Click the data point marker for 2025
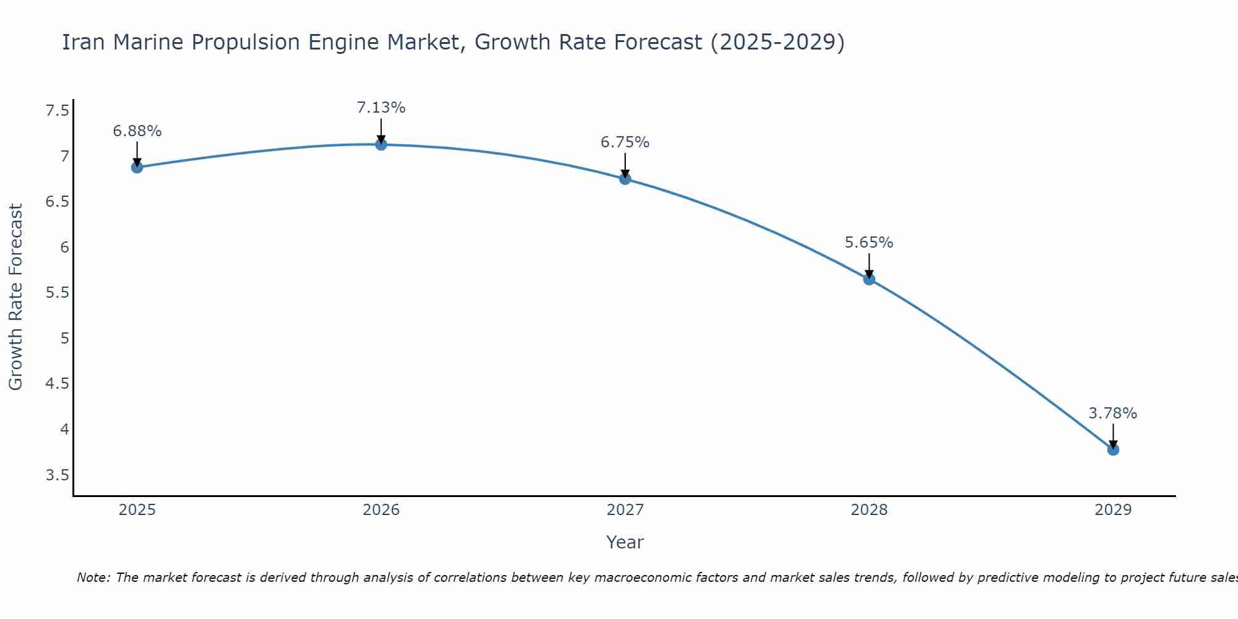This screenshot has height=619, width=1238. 137,167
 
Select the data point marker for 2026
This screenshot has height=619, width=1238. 381,144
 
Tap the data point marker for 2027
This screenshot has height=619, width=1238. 625,179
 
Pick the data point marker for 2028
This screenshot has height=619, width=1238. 869,279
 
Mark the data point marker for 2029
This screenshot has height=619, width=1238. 1113,449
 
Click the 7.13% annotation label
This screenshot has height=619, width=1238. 381,108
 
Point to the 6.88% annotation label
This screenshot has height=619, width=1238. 137,131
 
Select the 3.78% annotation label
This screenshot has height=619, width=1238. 1113,413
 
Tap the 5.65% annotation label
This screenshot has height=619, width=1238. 869,243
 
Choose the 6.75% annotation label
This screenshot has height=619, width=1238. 625,142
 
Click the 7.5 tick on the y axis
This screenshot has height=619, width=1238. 57,111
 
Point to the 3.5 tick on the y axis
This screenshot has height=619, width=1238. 57,475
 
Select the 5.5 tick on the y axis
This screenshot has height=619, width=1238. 57,293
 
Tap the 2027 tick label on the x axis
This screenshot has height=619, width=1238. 625,510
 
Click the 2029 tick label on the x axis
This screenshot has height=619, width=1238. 1113,510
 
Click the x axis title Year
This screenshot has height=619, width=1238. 625,542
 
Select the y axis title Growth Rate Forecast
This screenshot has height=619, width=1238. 15,297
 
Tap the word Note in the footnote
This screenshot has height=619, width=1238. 93,578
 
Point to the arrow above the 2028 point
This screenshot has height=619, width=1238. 869,265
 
